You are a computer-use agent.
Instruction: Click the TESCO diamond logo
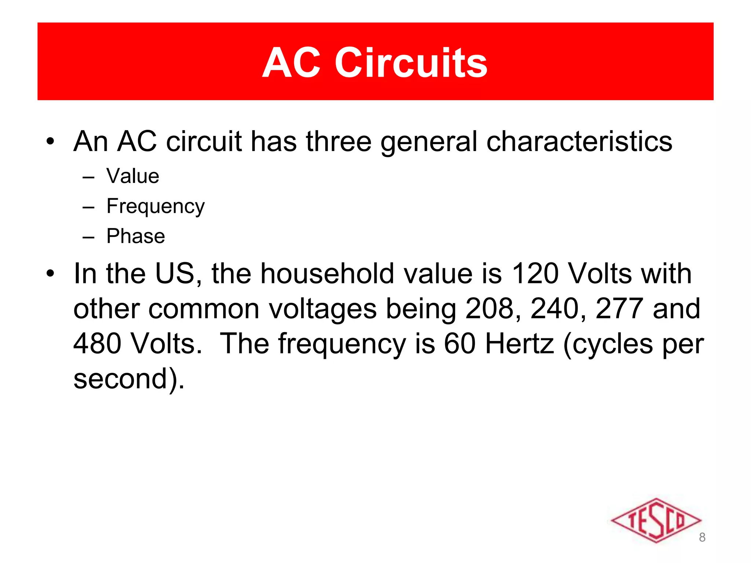click(656, 520)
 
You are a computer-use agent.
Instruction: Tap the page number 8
click(702, 537)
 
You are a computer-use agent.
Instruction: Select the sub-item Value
click(133, 176)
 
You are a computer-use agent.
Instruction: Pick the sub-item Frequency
click(155, 206)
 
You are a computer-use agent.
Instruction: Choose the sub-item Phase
click(136, 236)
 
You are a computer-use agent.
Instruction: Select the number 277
click(619, 309)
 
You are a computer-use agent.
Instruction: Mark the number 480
click(98, 344)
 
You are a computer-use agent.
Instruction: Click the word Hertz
click(520, 344)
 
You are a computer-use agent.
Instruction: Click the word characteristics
click(579, 141)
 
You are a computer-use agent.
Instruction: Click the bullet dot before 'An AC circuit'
click(50, 141)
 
